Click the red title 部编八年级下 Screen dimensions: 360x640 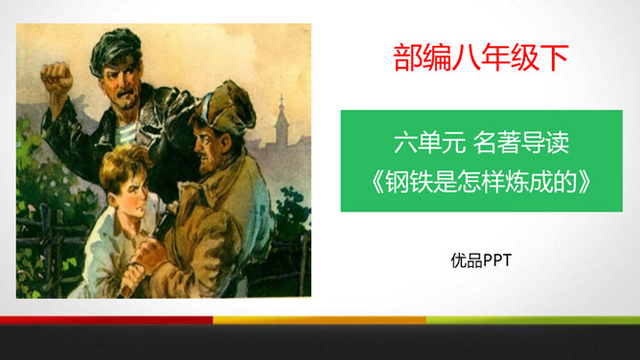click(x=481, y=56)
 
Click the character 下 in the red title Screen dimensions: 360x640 click(x=556, y=56)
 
